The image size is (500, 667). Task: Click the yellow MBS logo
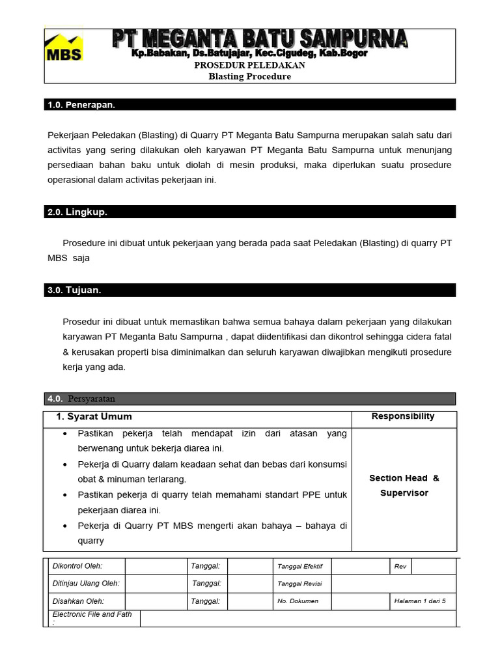pos(63,48)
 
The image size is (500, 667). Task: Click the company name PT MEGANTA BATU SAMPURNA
pos(260,38)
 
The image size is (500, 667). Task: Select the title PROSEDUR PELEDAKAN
pos(249,66)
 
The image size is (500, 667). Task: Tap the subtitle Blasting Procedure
pos(249,77)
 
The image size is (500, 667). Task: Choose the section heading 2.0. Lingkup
pos(77,212)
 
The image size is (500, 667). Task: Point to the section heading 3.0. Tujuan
pos(74,291)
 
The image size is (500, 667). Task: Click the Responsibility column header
pos(403,416)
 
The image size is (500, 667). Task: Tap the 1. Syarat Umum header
pos(94,417)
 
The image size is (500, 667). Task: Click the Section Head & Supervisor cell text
pos(404,485)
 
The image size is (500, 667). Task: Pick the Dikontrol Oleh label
pos(77,566)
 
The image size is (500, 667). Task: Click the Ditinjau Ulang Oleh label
pos(86,584)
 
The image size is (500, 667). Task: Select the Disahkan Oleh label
pos(78,601)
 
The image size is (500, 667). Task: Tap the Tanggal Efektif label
pos(300,567)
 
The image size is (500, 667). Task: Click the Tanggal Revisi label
pos(299,584)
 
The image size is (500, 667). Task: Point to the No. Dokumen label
pos(298,601)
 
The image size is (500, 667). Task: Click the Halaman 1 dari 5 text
pos(420,601)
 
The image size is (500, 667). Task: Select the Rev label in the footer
pos(400,567)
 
